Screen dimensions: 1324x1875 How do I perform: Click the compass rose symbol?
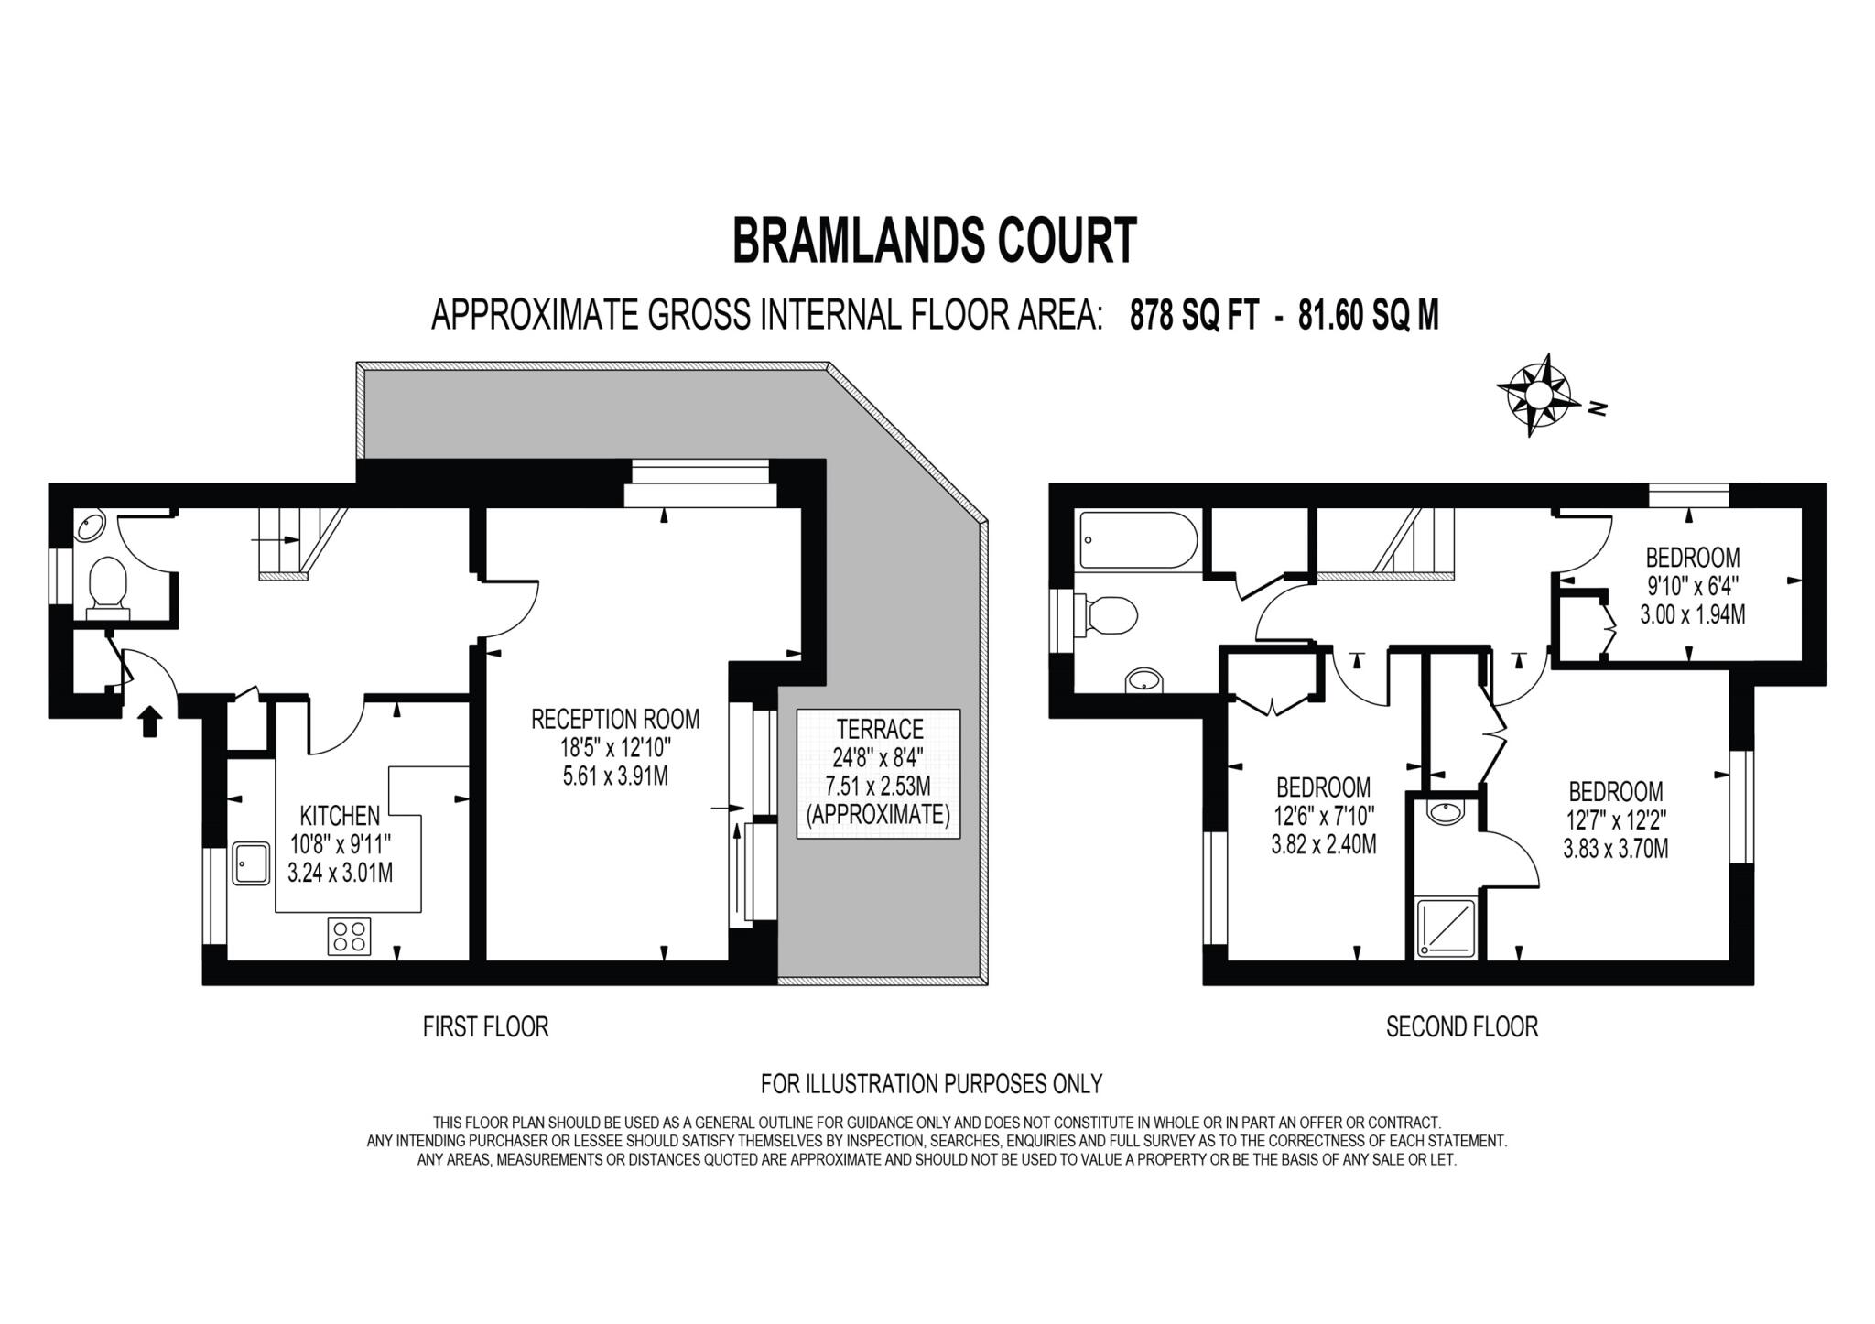(x=1539, y=395)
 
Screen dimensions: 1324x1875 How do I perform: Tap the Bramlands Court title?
(x=935, y=241)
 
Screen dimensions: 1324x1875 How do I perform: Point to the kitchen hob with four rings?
(x=349, y=936)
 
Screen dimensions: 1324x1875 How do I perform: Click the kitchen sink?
(x=251, y=863)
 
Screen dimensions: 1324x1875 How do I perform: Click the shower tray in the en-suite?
(x=1446, y=928)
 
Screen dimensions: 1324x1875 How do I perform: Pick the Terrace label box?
(x=878, y=773)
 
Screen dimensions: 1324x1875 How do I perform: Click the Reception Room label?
(x=615, y=719)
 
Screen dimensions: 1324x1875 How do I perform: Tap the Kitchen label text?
(x=340, y=815)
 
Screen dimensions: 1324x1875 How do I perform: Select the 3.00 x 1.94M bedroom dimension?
(x=1692, y=613)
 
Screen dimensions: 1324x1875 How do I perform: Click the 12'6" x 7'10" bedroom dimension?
(x=1323, y=814)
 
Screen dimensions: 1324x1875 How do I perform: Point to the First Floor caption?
(x=485, y=1027)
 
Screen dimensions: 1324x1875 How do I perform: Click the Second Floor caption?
(x=1461, y=1027)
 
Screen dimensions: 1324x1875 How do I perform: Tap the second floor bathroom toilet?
(x=1106, y=615)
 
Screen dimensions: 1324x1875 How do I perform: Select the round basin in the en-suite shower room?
(x=1446, y=811)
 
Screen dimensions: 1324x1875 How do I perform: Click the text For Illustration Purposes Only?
(x=931, y=1084)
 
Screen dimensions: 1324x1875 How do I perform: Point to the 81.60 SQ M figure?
(x=1368, y=315)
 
